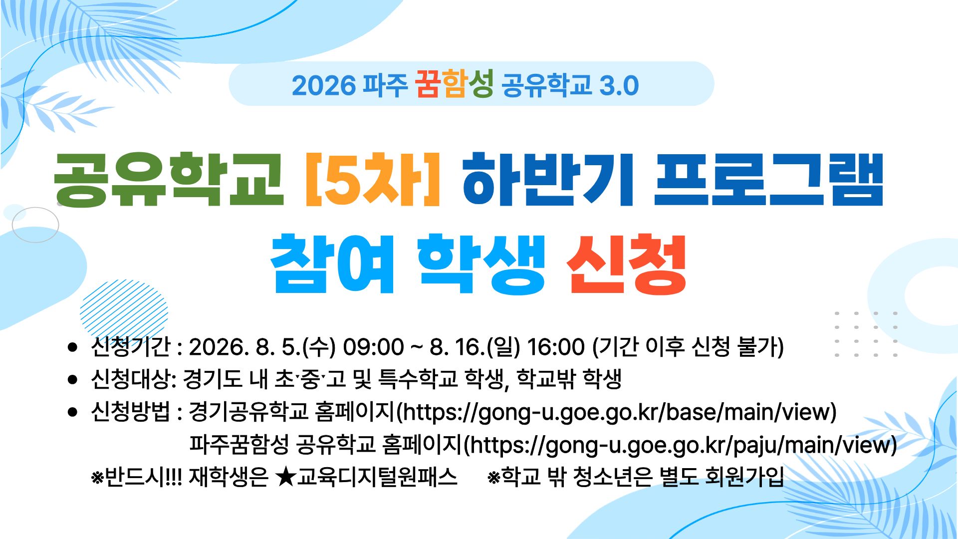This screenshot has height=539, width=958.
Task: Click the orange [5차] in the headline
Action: pos(373,179)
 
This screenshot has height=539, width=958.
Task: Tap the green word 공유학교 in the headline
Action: pos(169,179)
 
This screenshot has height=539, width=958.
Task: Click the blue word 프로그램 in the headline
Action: pos(769,179)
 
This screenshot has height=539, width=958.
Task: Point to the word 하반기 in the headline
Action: pos(548,179)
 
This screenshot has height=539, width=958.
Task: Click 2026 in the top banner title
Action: pos(324,85)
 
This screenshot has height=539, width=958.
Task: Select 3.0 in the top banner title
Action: pos(619,85)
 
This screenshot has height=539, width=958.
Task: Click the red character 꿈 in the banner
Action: pos(427,84)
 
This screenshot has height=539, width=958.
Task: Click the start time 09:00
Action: pos(373,347)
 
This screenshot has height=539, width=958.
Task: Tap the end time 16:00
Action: pos(556,347)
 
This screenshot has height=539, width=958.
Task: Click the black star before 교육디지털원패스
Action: pos(285,477)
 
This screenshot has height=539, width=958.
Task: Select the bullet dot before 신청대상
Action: pos(73,380)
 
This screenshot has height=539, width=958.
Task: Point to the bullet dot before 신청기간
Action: pos(73,347)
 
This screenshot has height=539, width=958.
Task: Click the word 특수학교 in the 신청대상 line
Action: pos(418,379)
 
